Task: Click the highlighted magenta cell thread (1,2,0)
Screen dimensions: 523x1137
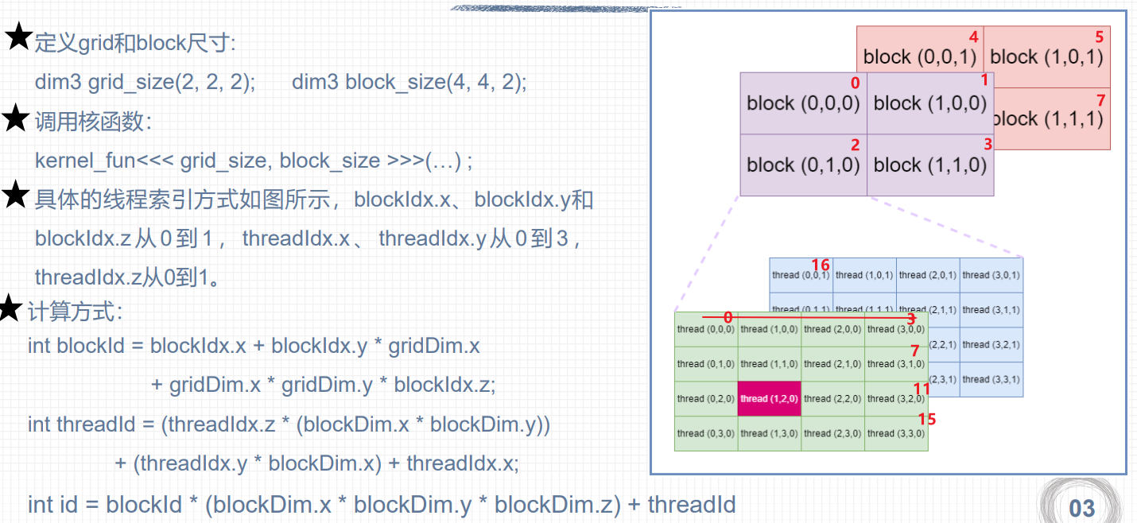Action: [770, 399]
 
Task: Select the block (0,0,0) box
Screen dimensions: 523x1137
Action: [803, 103]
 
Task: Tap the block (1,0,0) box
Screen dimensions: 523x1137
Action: [930, 103]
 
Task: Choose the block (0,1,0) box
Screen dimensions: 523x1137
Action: [803, 165]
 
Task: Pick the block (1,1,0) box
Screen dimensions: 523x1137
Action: [930, 165]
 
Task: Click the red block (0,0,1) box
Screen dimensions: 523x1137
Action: [920, 56]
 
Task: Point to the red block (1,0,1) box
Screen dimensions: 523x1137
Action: [1047, 56]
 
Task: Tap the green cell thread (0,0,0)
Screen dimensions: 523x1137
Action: [706, 329]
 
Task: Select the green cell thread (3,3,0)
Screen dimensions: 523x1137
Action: [896, 434]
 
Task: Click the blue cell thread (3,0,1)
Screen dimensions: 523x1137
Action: [991, 275]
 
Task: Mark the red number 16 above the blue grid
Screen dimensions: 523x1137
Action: [821, 265]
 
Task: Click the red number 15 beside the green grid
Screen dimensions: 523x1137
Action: [927, 419]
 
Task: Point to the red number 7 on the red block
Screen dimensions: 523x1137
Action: [1100, 100]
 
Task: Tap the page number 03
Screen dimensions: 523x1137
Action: [1082, 507]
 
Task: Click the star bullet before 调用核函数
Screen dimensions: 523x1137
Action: [16, 119]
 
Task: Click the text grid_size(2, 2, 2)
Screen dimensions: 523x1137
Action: [171, 82]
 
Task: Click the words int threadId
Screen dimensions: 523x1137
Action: [82, 424]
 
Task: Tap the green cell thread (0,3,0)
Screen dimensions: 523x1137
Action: [706, 434]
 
